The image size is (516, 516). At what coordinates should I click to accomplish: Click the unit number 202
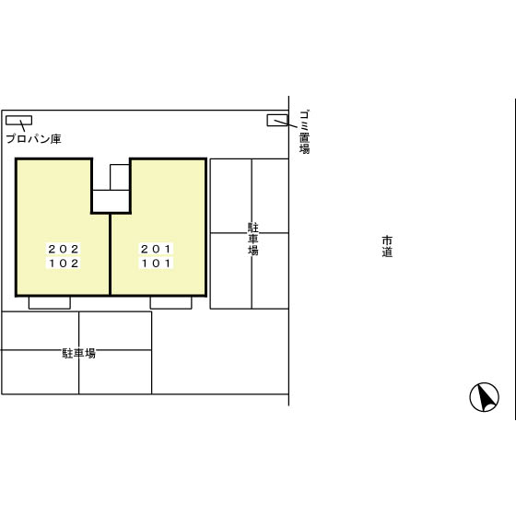click(x=64, y=249)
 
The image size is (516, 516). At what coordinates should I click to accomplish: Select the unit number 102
click(x=64, y=264)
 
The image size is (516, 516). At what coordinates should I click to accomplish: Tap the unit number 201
click(x=156, y=249)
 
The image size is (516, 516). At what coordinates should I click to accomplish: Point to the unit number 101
click(x=156, y=264)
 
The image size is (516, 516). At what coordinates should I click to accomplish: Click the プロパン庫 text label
click(x=33, y=139)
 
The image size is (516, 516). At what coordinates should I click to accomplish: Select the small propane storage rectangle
click(x=18, y=121)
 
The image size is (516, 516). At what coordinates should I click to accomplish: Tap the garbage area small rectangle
click(x=277, y=120)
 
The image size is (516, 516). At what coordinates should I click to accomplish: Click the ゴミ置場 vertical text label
click(x=304, y=133)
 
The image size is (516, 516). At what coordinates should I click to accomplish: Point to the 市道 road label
click(x=387, y=246)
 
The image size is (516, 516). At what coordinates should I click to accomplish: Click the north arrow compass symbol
click(x=484, y=397)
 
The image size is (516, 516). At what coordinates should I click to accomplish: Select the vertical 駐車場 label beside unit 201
click(x=253, y=240)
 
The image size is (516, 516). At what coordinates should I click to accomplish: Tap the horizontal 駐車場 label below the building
click(x=79, y=354)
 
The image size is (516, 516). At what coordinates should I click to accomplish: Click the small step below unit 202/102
click(x=50, y=303)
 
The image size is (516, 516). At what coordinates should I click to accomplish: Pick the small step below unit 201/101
click(x=170, y=303)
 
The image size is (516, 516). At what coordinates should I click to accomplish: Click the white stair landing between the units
click(x=111, y=201)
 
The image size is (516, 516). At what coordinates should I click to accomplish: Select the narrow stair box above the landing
click(x=120, y=177)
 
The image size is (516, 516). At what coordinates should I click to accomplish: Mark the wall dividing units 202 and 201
click(x=110, y=254)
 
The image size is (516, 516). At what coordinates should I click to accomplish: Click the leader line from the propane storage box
click(x=22, y=126)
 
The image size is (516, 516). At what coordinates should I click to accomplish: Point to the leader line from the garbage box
click(x=286, y=123)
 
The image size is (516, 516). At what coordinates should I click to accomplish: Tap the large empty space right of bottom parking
click(x=220, y=351)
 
